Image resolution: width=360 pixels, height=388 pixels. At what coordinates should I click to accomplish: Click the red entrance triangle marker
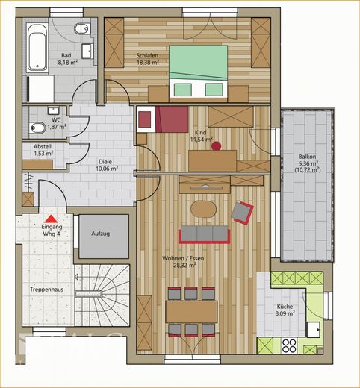51,219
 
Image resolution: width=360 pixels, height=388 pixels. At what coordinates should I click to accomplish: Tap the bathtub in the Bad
37,47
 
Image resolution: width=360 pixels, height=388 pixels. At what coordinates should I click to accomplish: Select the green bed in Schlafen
199,72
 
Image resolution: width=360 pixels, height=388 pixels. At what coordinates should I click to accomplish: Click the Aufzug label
101,234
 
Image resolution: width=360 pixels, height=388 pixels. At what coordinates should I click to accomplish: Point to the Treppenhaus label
46,290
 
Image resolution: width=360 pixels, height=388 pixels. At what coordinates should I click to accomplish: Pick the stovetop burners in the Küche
289,345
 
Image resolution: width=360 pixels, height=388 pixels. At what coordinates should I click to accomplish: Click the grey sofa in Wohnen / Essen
204,234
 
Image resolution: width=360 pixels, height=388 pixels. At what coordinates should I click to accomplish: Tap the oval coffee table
203,210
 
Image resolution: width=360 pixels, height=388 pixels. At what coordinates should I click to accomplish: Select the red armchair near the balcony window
242,213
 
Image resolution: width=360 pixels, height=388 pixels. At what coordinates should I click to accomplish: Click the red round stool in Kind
216,145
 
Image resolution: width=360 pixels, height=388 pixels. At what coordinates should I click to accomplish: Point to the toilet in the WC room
37,128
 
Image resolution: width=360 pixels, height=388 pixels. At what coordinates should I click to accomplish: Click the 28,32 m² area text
184,266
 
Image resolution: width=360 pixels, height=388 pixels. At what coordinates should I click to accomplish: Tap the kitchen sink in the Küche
314,330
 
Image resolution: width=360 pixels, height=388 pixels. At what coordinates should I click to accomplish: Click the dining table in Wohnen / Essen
191,312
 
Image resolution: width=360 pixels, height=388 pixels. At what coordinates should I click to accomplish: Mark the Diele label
105,162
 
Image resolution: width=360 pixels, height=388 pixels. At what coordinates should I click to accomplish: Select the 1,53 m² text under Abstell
43,154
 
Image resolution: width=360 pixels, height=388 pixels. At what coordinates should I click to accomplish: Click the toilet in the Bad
82,28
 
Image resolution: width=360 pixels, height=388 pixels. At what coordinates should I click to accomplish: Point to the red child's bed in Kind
163,119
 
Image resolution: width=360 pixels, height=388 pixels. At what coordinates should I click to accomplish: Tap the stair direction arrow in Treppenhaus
76,277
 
